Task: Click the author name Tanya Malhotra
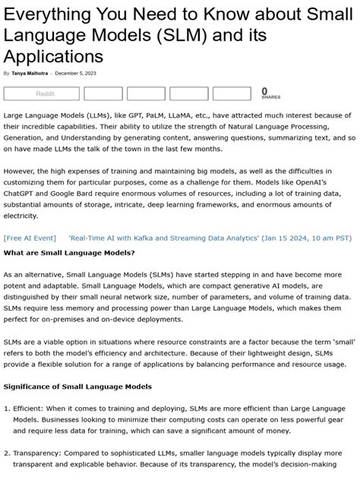point(28,74)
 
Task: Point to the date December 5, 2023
point(76,74)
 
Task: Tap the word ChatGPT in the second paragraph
point(22,183)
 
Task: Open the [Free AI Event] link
point(30,238)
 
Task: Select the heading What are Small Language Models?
point(69,252)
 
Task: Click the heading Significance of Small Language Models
point(77,387)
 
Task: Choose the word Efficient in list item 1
point(31,409)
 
